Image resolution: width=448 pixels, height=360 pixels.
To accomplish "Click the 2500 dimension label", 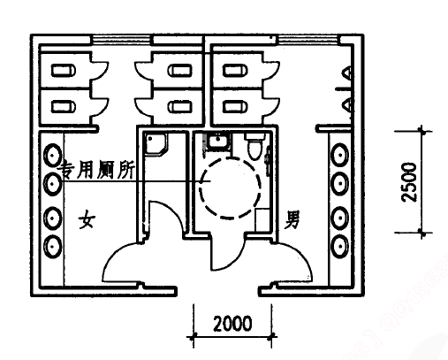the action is [410, 182].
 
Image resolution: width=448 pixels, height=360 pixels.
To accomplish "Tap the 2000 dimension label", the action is [232, 324].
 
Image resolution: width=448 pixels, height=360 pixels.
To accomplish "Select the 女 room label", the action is [87, 219].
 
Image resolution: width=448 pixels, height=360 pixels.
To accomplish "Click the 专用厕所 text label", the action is [95, 170].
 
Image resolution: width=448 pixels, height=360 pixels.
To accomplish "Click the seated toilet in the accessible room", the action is [255, 146].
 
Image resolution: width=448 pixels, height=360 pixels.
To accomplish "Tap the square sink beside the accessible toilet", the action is [218, 142].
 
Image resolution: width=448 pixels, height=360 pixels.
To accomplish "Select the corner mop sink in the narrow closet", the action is [156, 144].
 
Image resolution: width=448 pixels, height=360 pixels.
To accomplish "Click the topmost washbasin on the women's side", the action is [53, 156].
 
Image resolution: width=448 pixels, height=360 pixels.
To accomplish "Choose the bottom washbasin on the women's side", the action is [53, 247].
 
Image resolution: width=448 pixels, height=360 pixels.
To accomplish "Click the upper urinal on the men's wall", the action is [347, 73].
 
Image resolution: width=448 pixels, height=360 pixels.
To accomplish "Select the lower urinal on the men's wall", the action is [347, 105].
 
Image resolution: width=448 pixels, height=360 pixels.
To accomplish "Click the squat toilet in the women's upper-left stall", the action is [64, 71].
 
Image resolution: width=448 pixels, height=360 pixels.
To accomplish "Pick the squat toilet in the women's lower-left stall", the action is [64, 107].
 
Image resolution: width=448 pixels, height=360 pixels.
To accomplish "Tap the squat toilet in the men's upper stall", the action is [235, 71].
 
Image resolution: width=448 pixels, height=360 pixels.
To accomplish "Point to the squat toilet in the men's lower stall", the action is [235, 106].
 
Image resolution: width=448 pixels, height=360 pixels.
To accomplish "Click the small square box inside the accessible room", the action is [262, 219].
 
